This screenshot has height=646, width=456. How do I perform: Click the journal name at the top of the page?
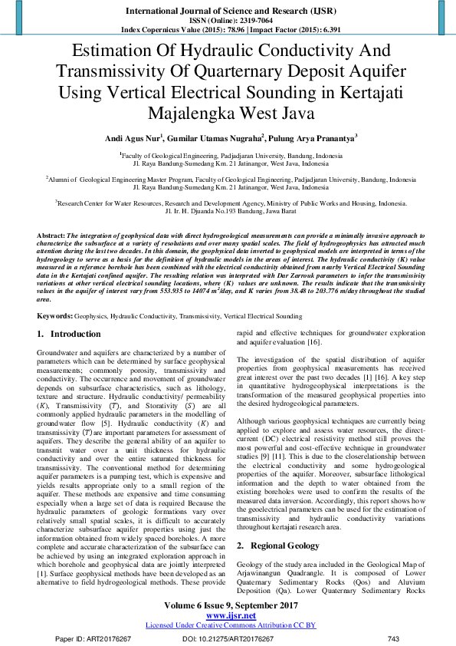[x=228, y=12]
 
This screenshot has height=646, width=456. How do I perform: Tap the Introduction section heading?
[x=75, y=335]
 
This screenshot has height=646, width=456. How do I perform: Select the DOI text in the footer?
[x=228, y=638]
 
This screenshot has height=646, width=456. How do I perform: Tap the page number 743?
[x=394, y=638]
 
